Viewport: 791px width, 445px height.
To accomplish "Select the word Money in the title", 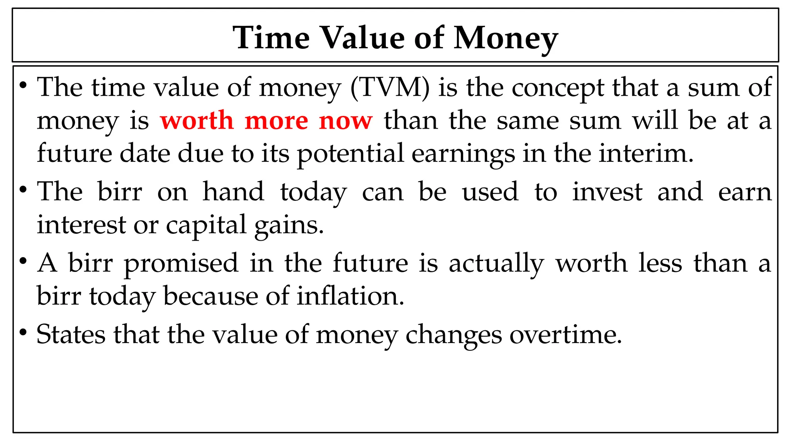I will click(506, 38).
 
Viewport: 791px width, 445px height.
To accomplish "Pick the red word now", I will click(346, 121).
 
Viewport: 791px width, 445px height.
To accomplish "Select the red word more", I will click(277, 121).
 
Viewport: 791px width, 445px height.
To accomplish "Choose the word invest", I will click(607, 192).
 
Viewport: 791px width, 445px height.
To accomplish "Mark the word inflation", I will click(350, 296).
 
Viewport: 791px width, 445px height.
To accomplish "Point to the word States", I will click(71, 334).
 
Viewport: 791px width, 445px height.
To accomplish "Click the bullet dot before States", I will click(23, 332).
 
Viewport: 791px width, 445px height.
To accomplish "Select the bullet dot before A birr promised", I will click(23, 261).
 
